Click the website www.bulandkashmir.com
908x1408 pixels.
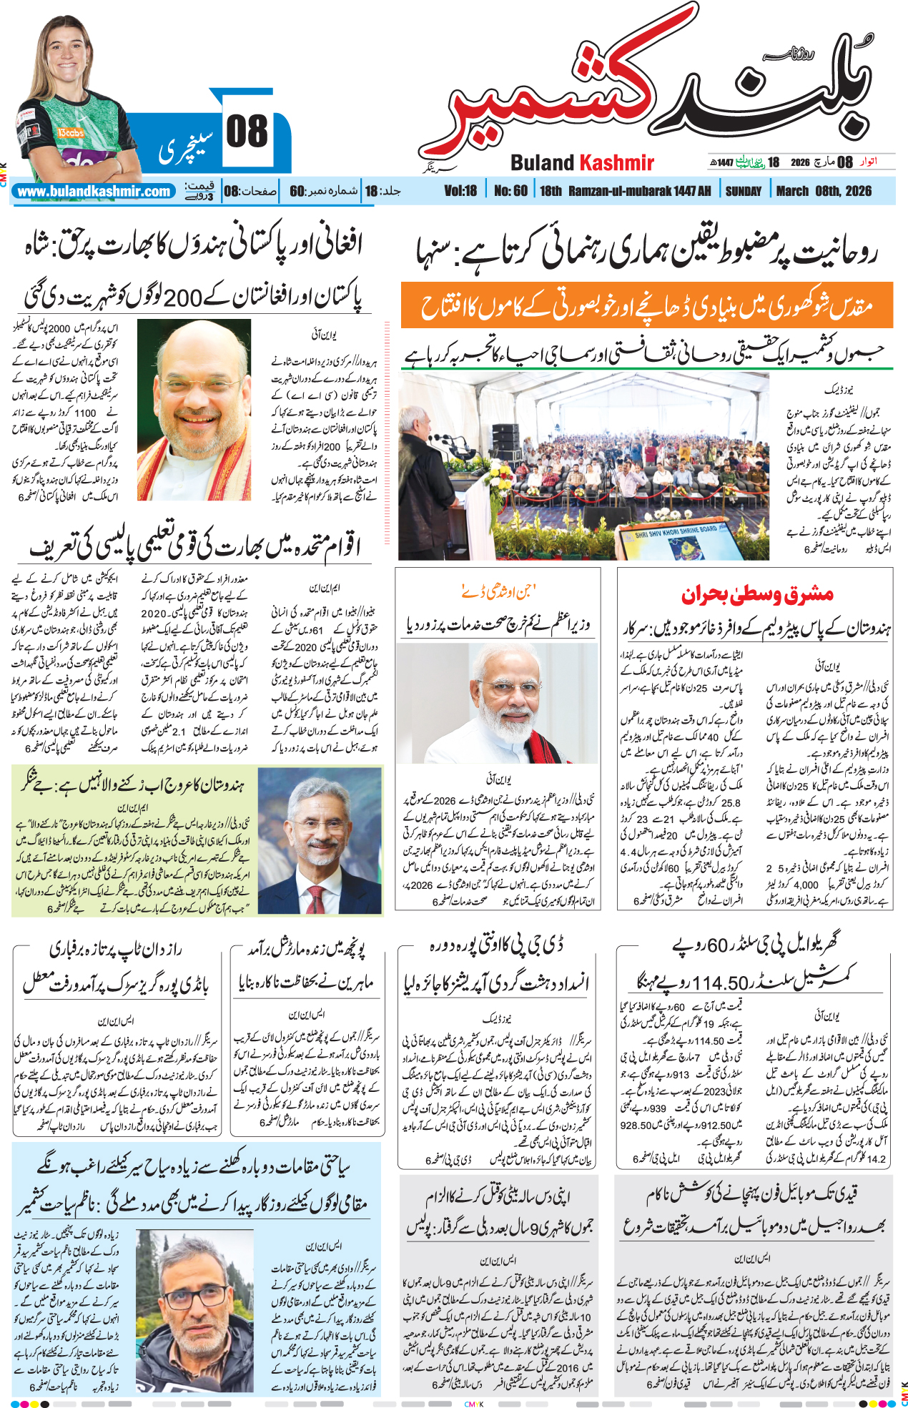pyautogui.click(x=94, y=192)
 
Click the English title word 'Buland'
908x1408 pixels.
pyautogui.click(x=542, y=163)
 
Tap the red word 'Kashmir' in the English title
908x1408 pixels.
pyautogui.click(x=616, y=163)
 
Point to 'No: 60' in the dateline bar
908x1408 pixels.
pyautogui.click(x=510, y=192)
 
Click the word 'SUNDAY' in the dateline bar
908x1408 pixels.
pyautogui.click(x=744, y=192)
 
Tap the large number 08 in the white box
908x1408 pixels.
pyautogui.click(x=247, y=132)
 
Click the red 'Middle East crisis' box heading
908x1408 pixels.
pyautogui.click(x=756, y=594)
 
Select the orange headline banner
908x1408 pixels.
pyautogui.click(x=646, y=305)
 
